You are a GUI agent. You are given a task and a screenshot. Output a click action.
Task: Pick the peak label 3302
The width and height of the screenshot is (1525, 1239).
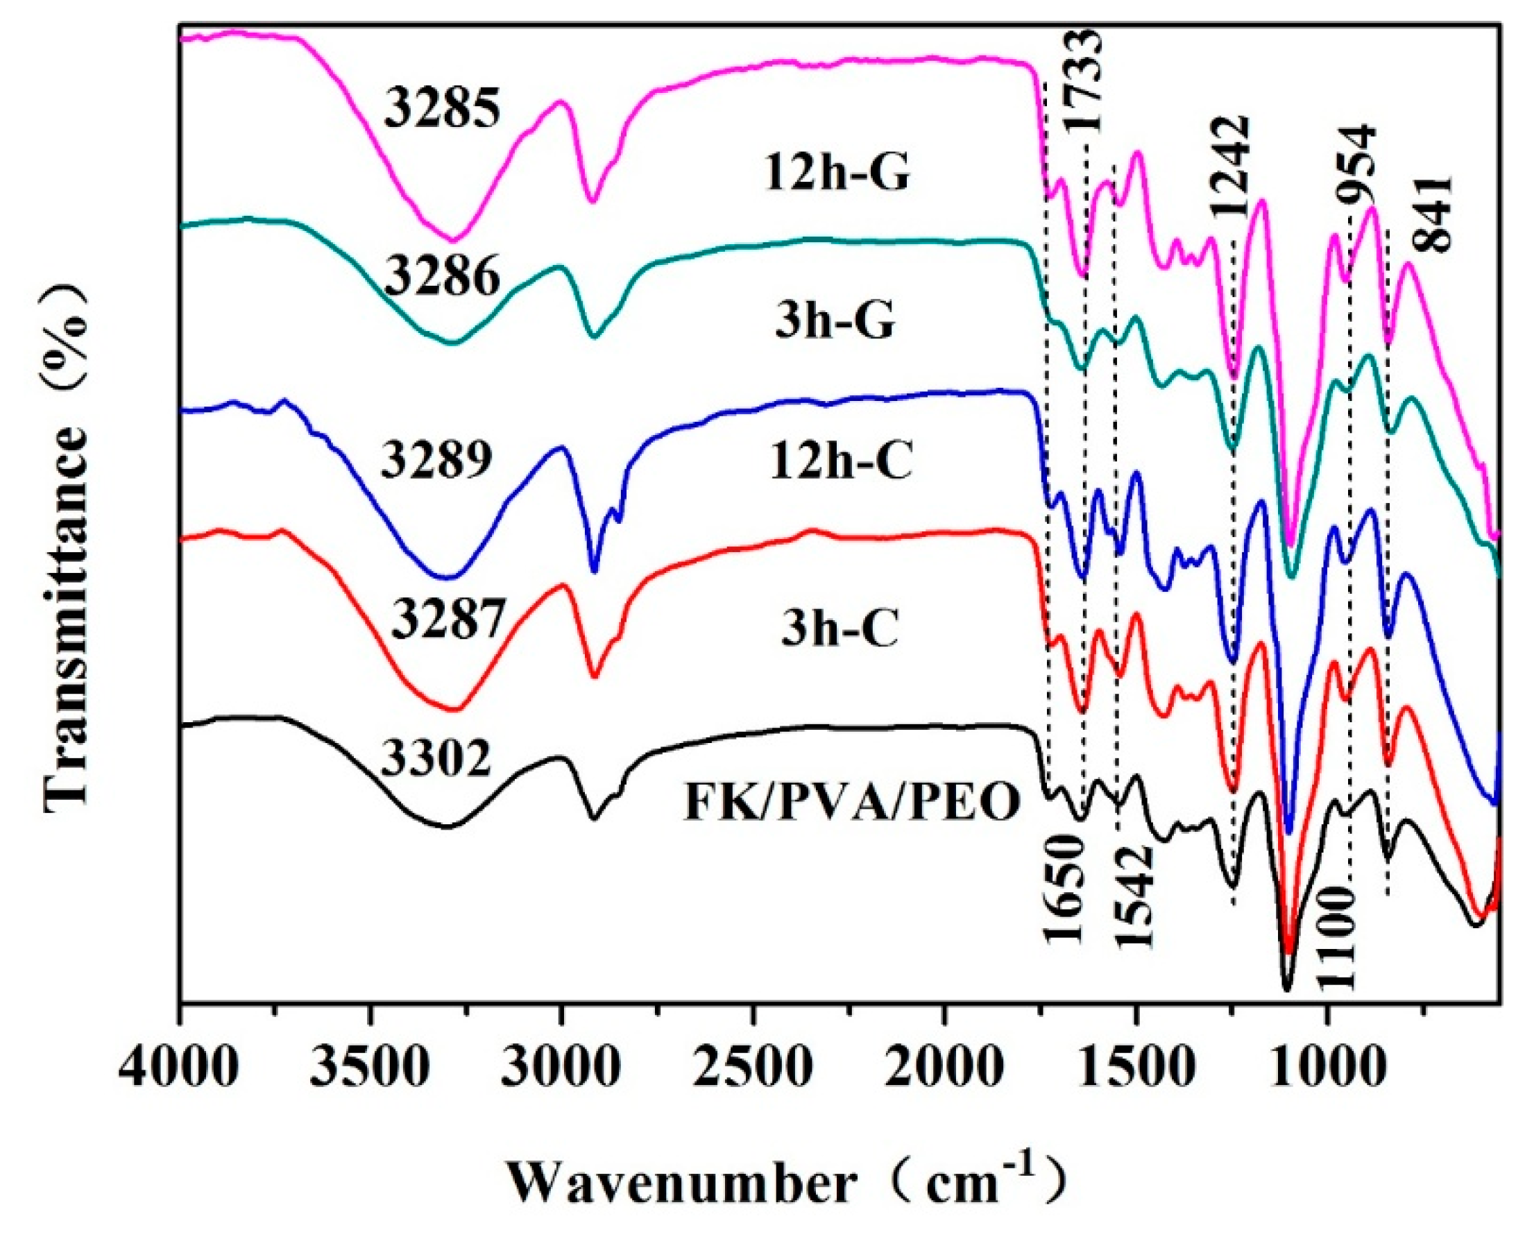[x=436, y=760]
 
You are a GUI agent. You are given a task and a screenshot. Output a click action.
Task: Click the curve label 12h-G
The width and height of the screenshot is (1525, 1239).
[x=837, y=173]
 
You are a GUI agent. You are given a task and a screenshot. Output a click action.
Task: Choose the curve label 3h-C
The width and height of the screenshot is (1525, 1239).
[x=839, y=631]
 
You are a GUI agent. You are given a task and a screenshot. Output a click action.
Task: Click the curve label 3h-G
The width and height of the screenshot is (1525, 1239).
[x=835, y=322]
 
